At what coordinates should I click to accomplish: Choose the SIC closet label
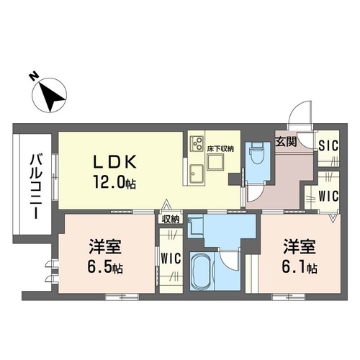click(330, 145)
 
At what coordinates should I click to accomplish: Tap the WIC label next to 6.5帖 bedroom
click(170, 258)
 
